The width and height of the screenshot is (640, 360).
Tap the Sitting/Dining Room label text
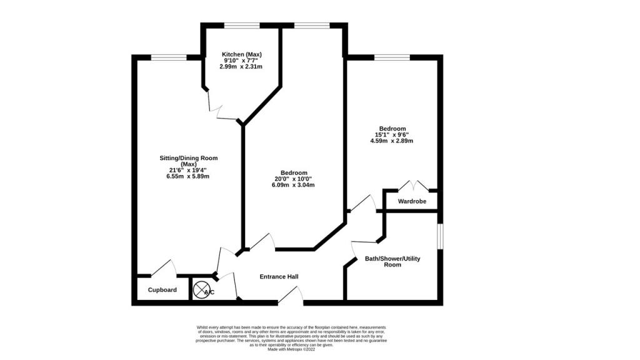point(188,157)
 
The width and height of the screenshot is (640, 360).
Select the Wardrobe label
point(412,201)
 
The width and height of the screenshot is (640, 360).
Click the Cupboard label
point(162,290)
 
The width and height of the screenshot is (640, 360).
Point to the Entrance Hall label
point(279,277)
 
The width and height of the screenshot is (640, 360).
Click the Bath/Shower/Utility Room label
point(392,261)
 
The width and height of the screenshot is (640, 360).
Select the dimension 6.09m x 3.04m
point(293,185)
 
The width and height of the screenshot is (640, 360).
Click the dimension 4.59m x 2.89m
point(391,141)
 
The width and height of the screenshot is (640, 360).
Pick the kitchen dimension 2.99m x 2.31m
point(240,66)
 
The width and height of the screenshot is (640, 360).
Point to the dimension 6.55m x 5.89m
point(188,176)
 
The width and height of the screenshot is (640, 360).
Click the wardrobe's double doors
point(412,186)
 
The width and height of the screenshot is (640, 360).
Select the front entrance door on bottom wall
point(290,296)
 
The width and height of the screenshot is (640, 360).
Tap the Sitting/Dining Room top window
point(169,57)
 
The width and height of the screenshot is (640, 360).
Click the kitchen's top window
point(242,25)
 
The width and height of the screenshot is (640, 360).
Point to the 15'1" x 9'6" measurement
point(392,134)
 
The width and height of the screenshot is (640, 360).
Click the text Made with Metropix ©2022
point(292,349)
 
